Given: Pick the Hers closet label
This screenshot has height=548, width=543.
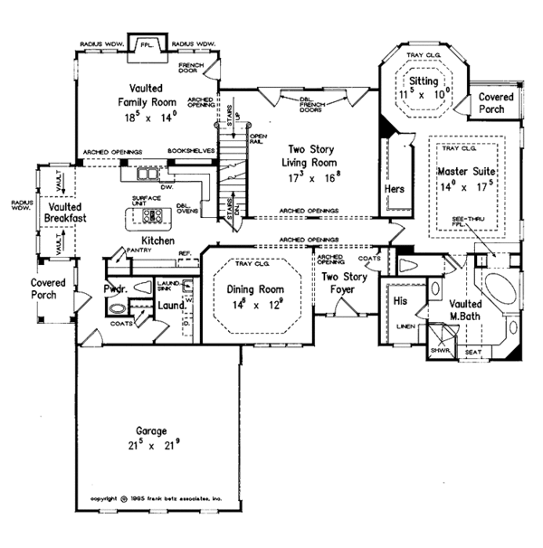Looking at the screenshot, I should (x=394, y=188).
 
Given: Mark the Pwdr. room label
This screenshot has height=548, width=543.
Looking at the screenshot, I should (x=115, y=290).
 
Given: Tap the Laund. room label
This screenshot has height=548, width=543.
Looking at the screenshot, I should (x=172, y=306).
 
